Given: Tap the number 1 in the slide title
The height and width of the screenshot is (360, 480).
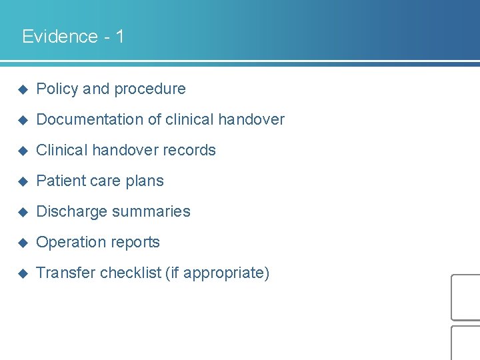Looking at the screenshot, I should (119, 36).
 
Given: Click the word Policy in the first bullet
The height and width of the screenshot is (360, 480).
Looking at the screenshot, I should (57, 89).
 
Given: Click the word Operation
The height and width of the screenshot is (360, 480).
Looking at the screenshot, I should (69, 242).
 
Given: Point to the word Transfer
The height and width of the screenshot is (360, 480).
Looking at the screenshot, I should (65, 273).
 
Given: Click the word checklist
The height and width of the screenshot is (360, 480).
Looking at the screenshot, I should (131, 273).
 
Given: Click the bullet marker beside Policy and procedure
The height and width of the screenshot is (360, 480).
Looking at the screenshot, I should (21, 89).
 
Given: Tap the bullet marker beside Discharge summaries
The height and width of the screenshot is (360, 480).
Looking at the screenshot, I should (21, 212).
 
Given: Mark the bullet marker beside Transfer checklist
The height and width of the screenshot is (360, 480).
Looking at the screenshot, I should (21, 273).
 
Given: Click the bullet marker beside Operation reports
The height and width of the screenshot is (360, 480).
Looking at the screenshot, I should (21, 243).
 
